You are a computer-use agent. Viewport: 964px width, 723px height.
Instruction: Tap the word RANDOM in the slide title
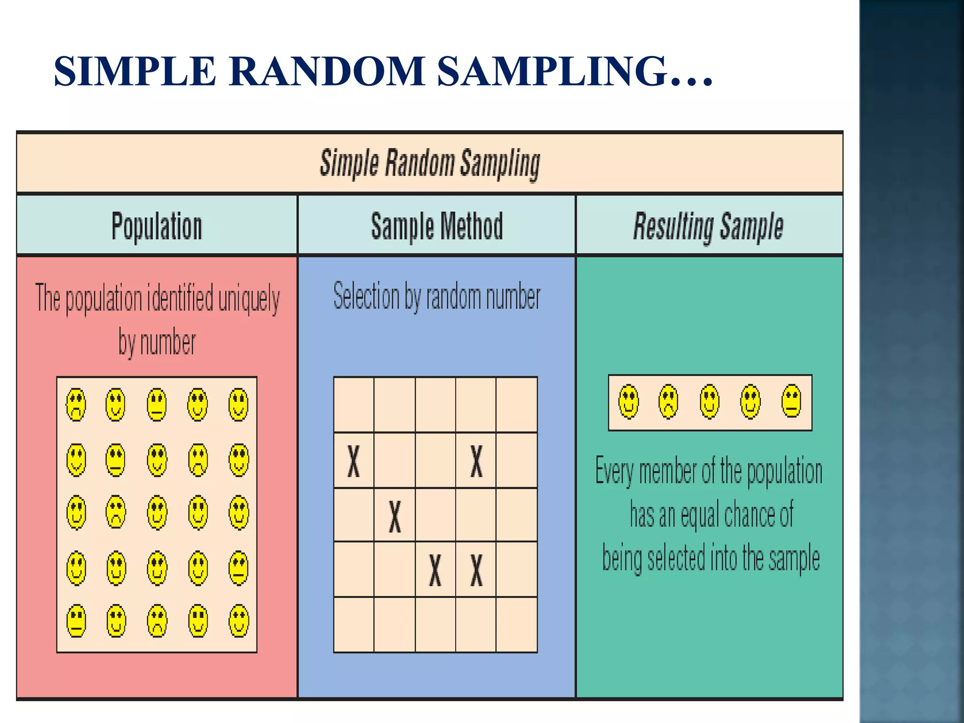point(327,72)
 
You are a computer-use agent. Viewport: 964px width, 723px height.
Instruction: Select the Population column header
point(157,226)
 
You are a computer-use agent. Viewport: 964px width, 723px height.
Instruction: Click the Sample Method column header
point(437,226)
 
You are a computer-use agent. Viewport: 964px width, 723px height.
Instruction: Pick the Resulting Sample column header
point(708,226)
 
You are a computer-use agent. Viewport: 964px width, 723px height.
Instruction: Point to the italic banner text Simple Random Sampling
point(430,163)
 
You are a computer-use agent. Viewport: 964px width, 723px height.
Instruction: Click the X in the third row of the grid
point(395,516)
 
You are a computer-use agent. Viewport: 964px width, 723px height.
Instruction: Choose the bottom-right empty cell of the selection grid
point(517,625)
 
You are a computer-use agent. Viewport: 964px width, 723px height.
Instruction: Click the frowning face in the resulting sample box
point(668,402)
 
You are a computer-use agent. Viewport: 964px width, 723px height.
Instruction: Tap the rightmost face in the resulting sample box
point(791,401)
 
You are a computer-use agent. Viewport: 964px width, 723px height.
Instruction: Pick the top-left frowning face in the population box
point(76,404)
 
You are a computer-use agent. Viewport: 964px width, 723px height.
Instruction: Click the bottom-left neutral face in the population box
point(76,621)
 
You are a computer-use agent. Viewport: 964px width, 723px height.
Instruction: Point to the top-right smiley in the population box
point(239,404)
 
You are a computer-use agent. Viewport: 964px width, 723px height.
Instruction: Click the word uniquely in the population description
point(249,299)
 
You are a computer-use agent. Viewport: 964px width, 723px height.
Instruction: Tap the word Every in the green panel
point(615,471)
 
